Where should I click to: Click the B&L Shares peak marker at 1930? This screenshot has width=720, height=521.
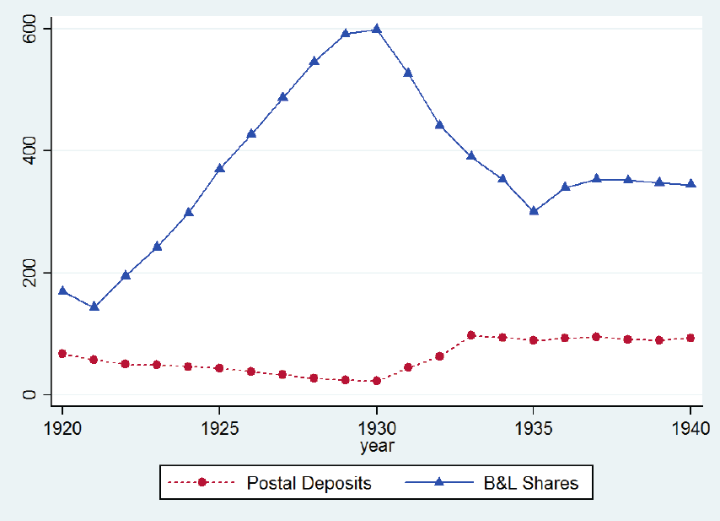(377, 29)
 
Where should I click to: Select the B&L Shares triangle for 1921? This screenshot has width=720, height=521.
(94, 307)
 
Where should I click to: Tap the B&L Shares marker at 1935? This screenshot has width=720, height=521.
(534, 211)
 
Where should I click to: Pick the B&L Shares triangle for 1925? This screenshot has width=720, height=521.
(220, 168)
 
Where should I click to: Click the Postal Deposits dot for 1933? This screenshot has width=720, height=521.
(471, 335)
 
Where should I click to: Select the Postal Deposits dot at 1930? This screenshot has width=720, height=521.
(377, 381)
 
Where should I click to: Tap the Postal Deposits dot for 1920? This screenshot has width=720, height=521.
(62, 354)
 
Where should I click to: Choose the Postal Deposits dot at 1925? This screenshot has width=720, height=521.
(220, 368)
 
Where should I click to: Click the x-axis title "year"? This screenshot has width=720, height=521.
(377, 444)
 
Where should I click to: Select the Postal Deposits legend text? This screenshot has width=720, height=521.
(309, 484)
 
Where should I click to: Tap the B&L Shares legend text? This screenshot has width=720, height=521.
(529, 484)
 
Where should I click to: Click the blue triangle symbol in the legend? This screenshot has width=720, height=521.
(439, 483)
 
